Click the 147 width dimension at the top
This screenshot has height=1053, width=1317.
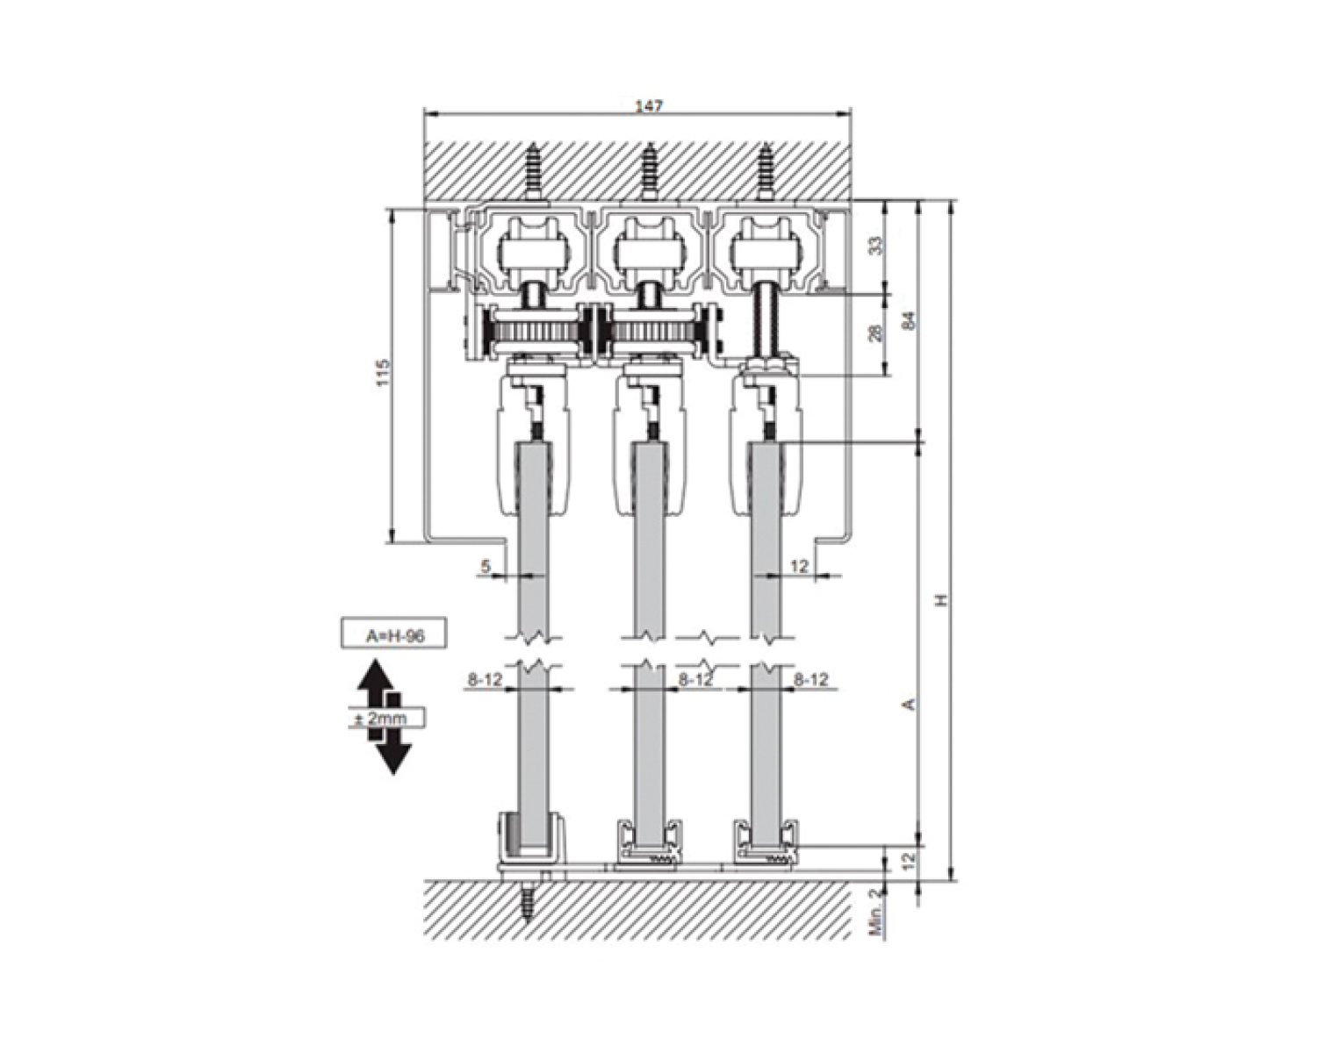pos(648,106)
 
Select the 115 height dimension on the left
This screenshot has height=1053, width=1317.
pos(383,372)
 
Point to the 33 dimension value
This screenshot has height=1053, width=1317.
pos(877,246)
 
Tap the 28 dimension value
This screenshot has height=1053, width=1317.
pos(877,333)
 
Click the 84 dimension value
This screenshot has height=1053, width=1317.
pos(910,320)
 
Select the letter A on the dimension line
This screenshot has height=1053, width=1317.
pos(910,705)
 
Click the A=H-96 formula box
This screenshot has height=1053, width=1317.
pos(393,634)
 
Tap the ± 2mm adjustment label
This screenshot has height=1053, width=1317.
pos(386,719)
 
